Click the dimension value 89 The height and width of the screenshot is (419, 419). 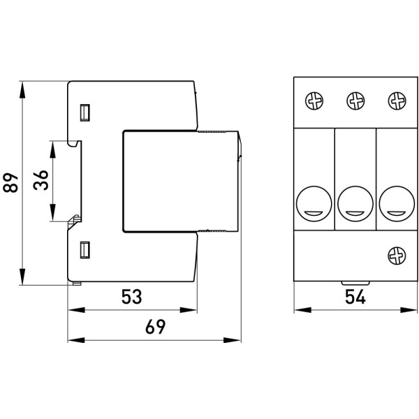[x=10, y=184]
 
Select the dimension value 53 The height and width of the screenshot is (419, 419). [x=131, y=297]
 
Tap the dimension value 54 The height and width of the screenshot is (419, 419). [x=355, y=297]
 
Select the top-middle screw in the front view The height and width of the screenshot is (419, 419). [x=355, y=102]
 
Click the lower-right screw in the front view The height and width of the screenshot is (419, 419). [x=397, y=254]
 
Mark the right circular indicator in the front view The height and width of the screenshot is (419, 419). [x=397, y=203]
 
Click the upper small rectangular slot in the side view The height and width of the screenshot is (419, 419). [x=86, y=112]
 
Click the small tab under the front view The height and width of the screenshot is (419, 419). [x=347, y=283]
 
